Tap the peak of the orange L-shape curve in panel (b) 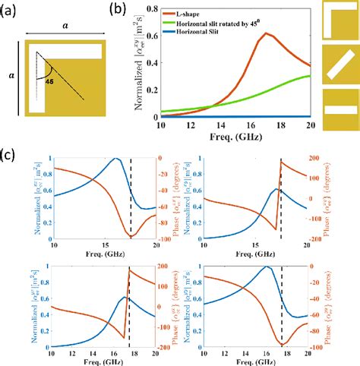point(265,33)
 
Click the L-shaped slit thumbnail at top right point(339,20)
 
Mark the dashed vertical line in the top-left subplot point(131,197)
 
